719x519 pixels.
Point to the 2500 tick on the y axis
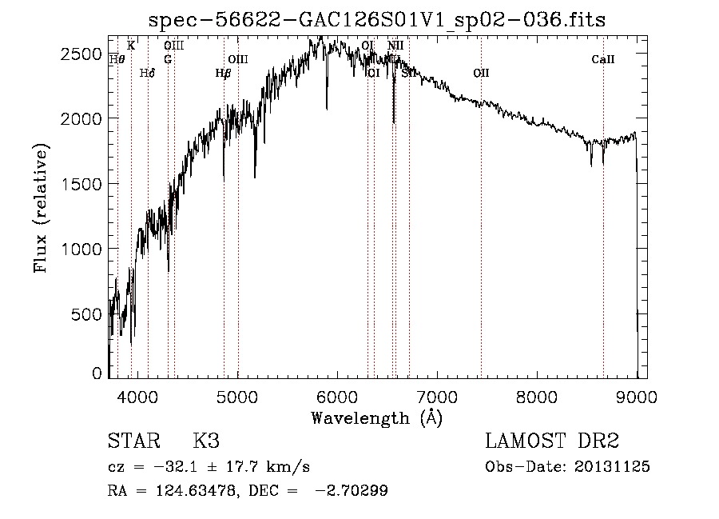(x=84, y=54)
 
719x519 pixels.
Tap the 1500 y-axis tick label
(x=84, y=184)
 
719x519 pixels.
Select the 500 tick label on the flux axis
(x=89, y=314)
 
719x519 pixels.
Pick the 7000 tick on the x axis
(x=437, y=397)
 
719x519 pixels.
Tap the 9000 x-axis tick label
(x=637, y=397)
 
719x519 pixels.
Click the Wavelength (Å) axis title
(x=376, y=417)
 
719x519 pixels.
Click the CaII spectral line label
(x=603, y=59)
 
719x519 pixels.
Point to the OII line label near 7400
(x=480, y=73)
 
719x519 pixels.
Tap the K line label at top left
(x=131, y=46)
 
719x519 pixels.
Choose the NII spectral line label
(x=395, y=46)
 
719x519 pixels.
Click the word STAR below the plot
(x=133, y=441)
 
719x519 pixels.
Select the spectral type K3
(x=206, y=441)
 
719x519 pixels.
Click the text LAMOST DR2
(x=552, y=441)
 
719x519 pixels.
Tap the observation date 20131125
(x=612, y=466)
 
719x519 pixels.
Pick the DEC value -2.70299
(x=352, y=491)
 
